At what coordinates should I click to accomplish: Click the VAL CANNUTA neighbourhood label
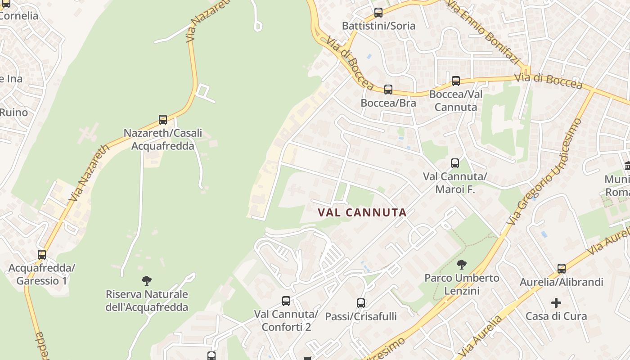pos(362,212)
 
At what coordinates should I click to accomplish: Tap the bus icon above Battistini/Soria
pos(378,13)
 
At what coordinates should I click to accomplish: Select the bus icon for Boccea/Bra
pos(388,90)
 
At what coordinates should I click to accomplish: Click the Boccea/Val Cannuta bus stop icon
pos(456,81)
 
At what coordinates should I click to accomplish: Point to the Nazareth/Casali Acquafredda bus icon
pos(163,120)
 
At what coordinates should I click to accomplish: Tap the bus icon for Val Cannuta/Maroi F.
pos(455,163)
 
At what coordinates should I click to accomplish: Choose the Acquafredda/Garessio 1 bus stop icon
pos(42,255)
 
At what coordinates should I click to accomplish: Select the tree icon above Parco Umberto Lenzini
pos(462,265)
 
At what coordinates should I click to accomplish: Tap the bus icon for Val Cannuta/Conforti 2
pos(286,301)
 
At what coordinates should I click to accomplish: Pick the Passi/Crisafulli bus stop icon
pos(361,303)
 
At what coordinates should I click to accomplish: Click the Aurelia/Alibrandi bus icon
pos(562,269)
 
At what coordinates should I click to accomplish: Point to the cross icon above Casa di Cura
pos(556,303)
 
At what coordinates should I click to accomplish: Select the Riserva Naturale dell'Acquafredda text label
pos(147,301)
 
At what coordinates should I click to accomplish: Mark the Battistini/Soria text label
pos(378,26)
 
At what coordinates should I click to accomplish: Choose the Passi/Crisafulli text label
pos(361,317)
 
